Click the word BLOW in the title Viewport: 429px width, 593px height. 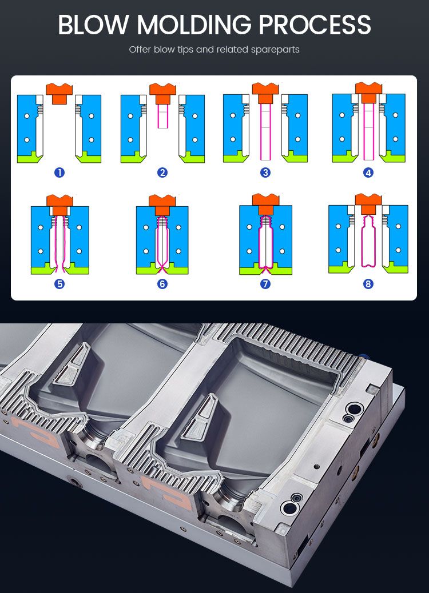tap(94, 25)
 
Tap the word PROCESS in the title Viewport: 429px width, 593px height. tap(315, 25)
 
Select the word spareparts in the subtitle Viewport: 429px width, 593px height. tap(275, 50)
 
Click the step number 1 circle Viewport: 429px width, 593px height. tap(59, 172)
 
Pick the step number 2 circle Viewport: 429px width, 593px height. tap(162, 172)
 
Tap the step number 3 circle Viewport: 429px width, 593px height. tap(265, 172)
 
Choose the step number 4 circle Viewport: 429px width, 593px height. tap(368, 172)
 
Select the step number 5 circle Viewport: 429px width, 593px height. tap(59, 283)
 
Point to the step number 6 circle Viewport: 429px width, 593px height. tap(162, 283)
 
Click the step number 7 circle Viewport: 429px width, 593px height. tap(265, 283)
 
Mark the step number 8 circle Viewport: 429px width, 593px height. tap(368, 283)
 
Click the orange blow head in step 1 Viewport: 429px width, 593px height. tap(59, 91)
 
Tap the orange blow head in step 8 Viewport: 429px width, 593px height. tap(368, 199)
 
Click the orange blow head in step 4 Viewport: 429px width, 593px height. tap(368, 89)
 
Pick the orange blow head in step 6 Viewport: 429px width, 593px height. tap(162, 201)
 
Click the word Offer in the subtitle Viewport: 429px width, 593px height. tap(140, 50)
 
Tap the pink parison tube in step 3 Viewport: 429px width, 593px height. tap(265, 131)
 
